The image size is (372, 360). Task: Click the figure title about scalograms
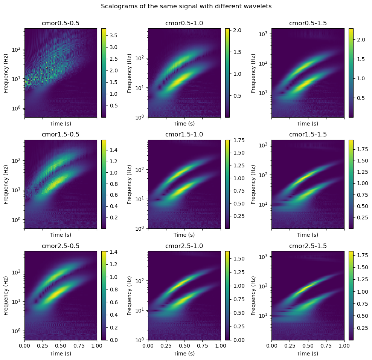click(186, 6)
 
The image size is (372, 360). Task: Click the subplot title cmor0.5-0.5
click(61, 23)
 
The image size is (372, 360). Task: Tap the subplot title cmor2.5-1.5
click(308, 246)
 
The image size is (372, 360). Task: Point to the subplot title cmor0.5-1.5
click(308, 23)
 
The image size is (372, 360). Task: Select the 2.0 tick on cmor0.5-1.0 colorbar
click(236, 30)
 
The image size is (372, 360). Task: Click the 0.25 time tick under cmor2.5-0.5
click(43, 346)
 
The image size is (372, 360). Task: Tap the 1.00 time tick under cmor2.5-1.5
click(344, 346)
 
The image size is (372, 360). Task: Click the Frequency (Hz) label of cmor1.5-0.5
click(6, 184)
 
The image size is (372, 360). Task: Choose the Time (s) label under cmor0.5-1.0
click(184, 124)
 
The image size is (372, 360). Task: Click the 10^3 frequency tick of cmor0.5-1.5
click(263, 34)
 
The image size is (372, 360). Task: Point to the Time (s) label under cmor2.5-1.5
click(308, 353)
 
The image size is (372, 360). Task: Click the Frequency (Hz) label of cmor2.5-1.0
click(130, 295)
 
